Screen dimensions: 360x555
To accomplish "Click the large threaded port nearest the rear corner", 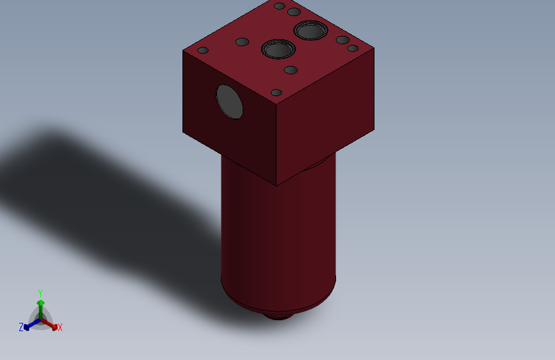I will coord(311,29).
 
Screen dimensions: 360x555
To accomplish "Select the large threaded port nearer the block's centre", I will coord(278,49).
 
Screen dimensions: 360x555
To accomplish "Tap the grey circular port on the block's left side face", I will coord(230,102).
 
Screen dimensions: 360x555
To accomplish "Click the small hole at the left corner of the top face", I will coord(203,50).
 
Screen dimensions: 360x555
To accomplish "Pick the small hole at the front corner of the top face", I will coord(277,93).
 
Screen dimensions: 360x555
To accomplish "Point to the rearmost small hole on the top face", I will coord(279,6).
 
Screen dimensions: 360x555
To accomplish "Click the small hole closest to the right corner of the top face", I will coord(353,48).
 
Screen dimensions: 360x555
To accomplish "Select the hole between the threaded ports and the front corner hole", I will coord(291,70).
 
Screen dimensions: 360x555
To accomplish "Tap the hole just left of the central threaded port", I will coord(242,42).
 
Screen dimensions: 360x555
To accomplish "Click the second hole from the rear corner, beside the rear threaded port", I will coord(294,12).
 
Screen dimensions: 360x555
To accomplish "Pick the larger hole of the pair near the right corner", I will coord(343,40).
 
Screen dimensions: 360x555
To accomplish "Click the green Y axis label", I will coord(40,292).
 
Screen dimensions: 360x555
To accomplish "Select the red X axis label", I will coord(60,328).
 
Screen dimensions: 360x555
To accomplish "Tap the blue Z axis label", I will coord(20,327).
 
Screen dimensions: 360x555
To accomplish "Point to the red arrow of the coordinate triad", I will coord(51,323).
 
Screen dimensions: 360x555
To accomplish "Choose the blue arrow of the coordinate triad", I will coord(29,325).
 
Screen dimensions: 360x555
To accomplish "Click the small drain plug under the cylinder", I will coord(278,316).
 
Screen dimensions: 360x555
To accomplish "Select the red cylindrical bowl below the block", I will coord(278,237).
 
